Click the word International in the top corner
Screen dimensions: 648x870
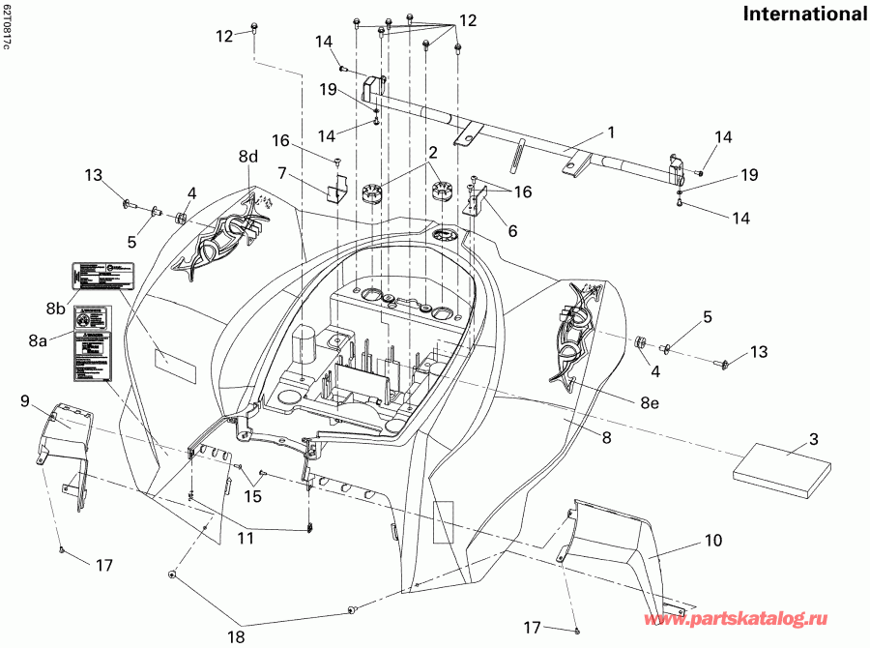[804, 14]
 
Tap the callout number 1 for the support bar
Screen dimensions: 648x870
[610, 130]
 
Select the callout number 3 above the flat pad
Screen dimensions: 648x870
[813, 440]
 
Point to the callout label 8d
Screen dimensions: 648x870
[249, 157]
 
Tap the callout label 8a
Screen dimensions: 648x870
[39, 340]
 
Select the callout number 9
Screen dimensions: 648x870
[25, 399]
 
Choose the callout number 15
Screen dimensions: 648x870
[253, 496]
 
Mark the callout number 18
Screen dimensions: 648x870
[236, 637]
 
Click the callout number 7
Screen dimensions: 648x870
[283, 174]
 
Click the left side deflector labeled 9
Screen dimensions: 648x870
[66, 445]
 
